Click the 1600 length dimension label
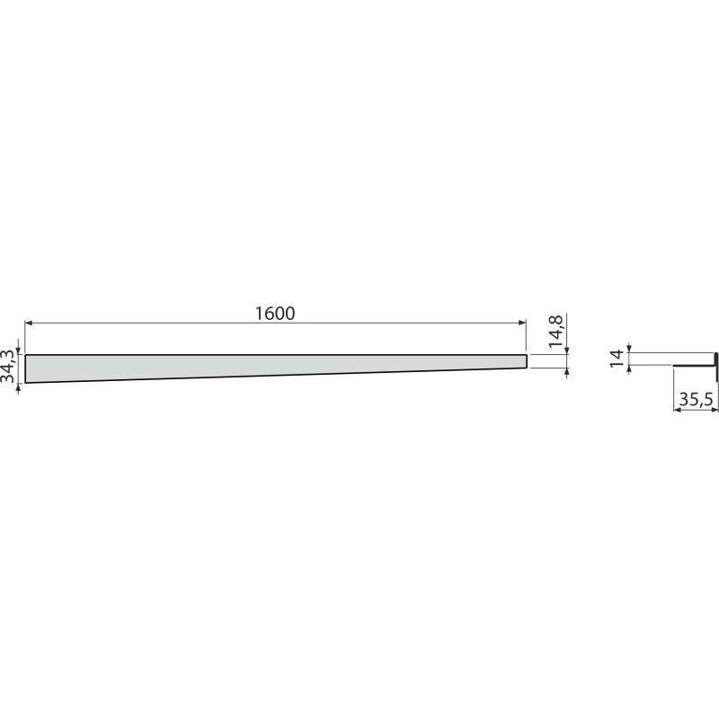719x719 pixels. coord(275,314)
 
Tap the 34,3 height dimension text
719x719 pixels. coord(8,366)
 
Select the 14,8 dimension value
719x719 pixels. coord(556,331)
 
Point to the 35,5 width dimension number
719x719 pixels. coord(697,400)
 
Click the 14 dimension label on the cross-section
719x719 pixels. coord(617,357)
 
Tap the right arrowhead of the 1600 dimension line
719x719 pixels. coord(522,323)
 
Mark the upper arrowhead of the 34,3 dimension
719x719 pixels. coord(18,351)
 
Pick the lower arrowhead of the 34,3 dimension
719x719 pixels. coord(18,387)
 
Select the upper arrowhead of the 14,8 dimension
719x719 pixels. coord(568,351)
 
